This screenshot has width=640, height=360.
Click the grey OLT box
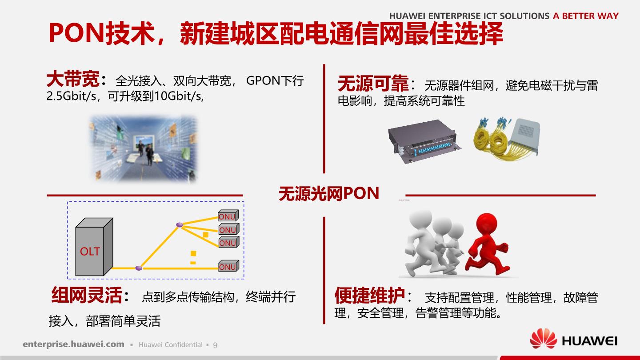[x=94, y=247]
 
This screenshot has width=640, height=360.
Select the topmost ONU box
[x=228, y=216]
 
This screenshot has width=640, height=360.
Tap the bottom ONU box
[x=228, y=266]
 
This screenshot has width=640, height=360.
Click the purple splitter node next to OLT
[x=139, y=268]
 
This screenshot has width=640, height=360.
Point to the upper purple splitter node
[x=180, y=225]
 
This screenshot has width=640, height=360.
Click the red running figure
[x=487, y=244]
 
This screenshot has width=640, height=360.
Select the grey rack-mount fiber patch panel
[x=424, y=141]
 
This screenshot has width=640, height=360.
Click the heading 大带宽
[x=73, y=79]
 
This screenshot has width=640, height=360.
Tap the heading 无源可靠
[x=373, y=84]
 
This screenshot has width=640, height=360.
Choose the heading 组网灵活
[x=87, y=295]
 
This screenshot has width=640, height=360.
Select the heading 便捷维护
[x=370, y=296]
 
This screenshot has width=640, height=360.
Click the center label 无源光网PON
[x=329, y=193]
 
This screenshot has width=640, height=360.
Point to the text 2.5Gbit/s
[x=72, y=96]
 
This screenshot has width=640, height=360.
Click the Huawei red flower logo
[x=543, y=339]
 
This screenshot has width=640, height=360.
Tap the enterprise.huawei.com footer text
[x=73, y=344]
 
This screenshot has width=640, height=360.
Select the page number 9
[x=215, y=345]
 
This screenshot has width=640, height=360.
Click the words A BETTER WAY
[x=586, y=16]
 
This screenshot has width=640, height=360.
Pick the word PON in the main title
[x=76, y=33]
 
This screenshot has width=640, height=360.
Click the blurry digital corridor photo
[x=144, y=148]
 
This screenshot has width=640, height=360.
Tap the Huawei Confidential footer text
[x=171, y=345]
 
